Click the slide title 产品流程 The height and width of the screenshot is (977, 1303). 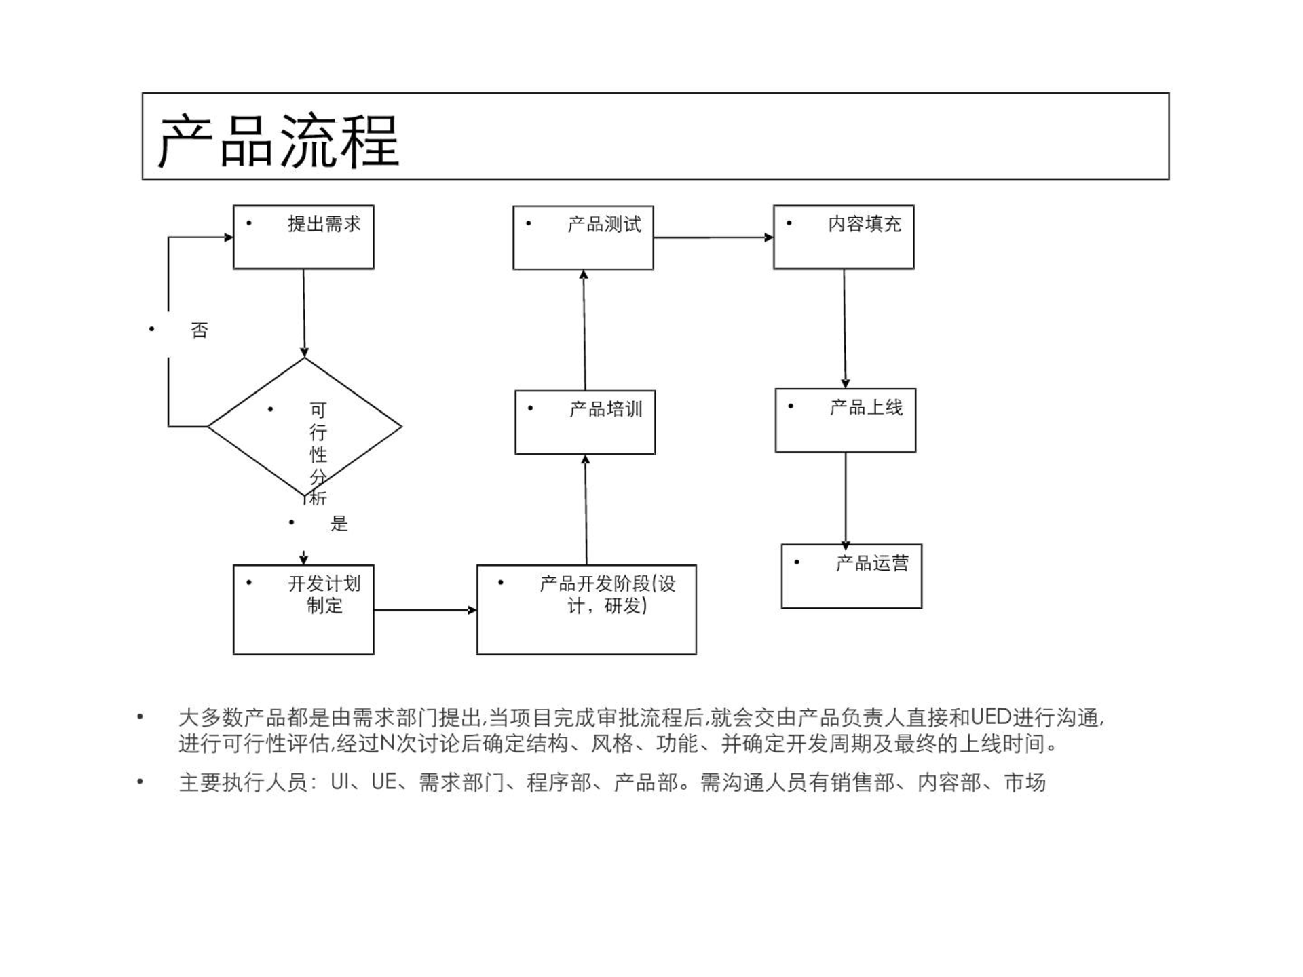[278, 141]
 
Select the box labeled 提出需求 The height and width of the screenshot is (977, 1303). [303, 237]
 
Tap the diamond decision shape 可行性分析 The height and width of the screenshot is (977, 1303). [304, 427]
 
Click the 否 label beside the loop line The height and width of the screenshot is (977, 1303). [199, 330]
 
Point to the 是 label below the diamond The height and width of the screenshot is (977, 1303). [339, 523]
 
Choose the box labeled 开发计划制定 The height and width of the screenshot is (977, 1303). [303, 609]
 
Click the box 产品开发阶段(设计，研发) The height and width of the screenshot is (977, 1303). [586, 609]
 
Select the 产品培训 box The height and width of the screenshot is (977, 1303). [585, 422]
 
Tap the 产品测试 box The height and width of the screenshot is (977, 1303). [583, 237]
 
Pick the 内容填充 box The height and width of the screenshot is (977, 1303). [844, 237]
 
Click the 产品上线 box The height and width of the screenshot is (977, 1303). [846, 421]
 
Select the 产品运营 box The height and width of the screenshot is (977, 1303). [852, 576]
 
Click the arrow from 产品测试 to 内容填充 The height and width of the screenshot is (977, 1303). [713, 237]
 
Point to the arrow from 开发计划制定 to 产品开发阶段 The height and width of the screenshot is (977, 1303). [425, 610]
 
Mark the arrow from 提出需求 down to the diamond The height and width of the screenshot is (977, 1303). [304, 313]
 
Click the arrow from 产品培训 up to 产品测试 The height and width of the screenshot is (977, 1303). [584, 330]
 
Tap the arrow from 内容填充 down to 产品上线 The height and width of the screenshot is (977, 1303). [845, 328]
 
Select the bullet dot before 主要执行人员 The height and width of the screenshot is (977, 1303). [140, 782]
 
